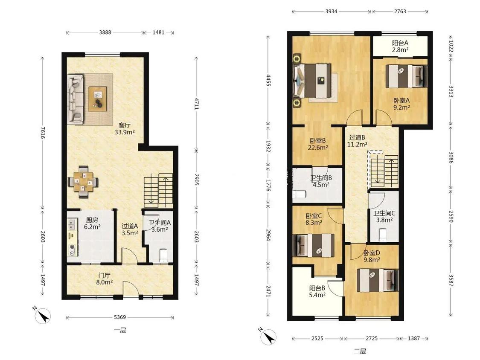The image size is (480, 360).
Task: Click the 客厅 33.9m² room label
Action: [125, 128]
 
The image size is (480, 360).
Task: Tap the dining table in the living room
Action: [83, 182]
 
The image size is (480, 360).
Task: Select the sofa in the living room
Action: [75, 99]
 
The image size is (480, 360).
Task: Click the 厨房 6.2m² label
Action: [92, 223]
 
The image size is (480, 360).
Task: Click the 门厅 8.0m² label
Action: [105, 279]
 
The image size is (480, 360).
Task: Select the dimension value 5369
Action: [120, 317]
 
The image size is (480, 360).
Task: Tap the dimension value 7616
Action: [43, 133]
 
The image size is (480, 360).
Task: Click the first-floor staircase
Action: [159, 190]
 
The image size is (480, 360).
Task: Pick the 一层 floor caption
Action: [120, 330]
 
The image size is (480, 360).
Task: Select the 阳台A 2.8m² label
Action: [400, 46]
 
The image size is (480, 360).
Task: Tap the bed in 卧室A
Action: [406, 76]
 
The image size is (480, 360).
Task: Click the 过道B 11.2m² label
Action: [357, 141]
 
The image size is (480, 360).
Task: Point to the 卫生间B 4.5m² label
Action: [321, 181]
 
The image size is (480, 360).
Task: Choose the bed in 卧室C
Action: [314, 245]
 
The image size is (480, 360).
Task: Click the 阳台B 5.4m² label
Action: [317, 291]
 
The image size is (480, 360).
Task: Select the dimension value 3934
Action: [331, 12]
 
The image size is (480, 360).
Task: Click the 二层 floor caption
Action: [360, 351]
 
